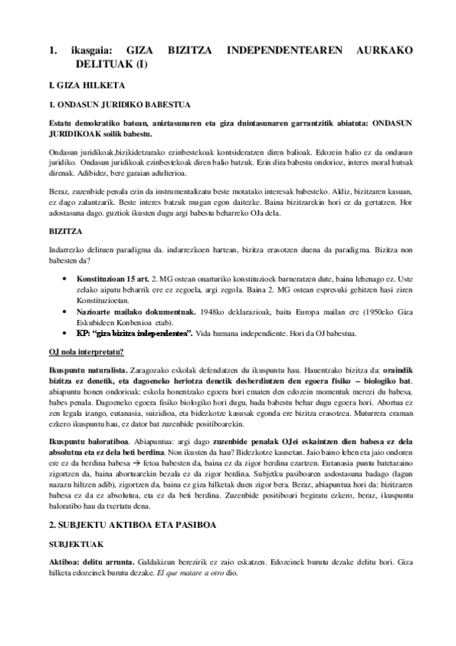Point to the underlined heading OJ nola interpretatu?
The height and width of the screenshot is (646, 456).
(86, 351)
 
